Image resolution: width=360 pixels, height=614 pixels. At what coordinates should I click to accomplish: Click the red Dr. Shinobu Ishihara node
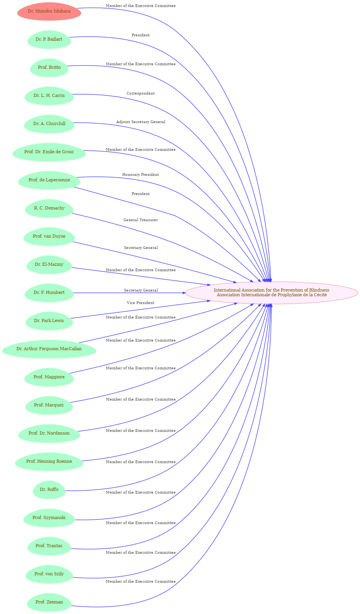click(49, 11)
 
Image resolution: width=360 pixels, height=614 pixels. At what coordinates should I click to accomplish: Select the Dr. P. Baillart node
click(49, 39)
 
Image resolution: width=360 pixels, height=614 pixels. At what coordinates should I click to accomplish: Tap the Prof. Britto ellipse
click(49, 68)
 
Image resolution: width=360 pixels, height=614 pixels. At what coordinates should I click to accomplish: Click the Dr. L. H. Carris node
click(49, 96)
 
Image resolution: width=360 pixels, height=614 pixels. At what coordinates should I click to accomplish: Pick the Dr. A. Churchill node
click(49, 124)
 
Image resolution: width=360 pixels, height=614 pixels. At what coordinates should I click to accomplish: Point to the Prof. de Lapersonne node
click(49, 180)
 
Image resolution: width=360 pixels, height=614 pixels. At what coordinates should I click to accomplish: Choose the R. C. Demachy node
click(49, 208)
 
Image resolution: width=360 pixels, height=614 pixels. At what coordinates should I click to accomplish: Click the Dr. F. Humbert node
click(49, 293)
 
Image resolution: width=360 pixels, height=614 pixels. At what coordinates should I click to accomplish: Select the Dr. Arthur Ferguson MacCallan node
click(49, 349)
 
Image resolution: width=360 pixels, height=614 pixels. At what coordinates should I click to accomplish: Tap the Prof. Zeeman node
click(49, 602)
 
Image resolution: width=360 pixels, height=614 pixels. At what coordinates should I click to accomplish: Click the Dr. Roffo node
click(49, 490)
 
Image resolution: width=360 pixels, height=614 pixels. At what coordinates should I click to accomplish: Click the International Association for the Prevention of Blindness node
click(271, 293)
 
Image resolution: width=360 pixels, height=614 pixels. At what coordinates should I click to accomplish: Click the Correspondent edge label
click(141, 93)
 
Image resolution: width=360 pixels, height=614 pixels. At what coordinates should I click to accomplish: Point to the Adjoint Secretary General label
click(141, 122)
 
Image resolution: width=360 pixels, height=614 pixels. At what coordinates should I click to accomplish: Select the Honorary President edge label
click(141, 175)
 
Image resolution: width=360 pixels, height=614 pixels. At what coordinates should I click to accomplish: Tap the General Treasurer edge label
click(141, 220)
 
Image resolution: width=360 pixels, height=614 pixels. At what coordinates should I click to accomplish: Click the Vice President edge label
click(141, 303)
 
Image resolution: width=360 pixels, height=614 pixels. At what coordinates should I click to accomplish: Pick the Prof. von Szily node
click(49, 574)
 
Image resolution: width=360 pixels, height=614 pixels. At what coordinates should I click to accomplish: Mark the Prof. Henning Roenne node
click(49, 462)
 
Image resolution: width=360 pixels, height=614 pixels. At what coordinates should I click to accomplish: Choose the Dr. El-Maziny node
click(49, 265)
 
